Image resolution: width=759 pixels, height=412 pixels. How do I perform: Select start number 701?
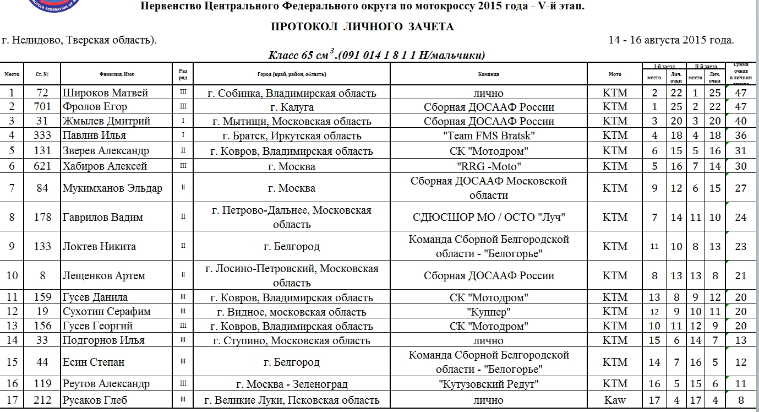tap(42, 107)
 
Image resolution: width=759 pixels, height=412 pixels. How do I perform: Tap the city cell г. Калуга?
tap(292, 107)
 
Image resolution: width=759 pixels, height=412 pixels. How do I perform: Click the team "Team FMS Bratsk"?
tap(489, 135)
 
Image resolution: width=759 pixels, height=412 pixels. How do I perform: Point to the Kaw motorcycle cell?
tap(615, 400)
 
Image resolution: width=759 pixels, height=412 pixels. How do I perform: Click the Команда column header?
tap(489, 74)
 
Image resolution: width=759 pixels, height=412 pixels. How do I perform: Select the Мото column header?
tap(615, 74)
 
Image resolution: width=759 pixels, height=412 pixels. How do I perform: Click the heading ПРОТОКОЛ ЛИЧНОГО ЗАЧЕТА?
tap(362, 26)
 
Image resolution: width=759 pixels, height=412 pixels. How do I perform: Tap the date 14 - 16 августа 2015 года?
tap(671, 40)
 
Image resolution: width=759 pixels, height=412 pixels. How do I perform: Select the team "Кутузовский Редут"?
tap(489, 384)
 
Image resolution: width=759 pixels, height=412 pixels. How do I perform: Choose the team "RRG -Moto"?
tap(489, 166)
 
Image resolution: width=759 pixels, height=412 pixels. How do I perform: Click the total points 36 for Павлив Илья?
tap(741, 135)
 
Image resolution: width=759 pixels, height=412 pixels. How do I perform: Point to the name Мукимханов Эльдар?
tap(112, 188)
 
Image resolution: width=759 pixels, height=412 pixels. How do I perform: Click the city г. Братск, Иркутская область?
tap(292, 135)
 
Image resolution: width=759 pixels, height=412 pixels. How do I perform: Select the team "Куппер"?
tap(489, 312)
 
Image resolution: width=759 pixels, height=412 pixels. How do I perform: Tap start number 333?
tap(42, 135)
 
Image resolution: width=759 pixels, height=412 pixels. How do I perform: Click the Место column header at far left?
tap(12, 74)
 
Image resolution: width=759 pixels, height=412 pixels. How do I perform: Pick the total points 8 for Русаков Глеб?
tap(741, 400)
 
